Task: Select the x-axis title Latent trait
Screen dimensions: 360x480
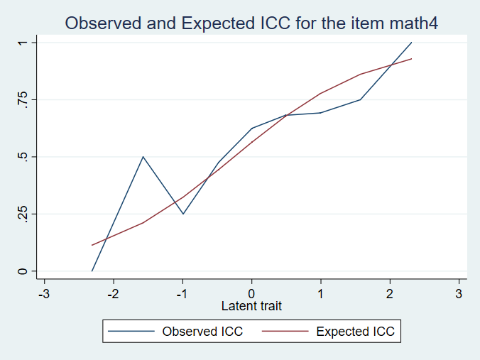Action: click(x=251, y=306)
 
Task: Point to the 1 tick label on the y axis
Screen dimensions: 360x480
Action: click(x=23, y=43)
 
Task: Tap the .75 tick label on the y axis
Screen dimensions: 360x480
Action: click(x=23, y=100)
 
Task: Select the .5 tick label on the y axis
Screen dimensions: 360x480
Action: click(x=23, y=157)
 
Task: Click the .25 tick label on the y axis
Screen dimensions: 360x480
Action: click(x=23, y=214)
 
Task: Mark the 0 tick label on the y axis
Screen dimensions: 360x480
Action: click(x=23, y=271)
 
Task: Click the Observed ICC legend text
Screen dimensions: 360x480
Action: click(x=202, y=332)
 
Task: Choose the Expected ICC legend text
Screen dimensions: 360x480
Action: click(x=354, y=332)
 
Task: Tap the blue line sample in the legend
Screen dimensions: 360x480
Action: click(x=132, y=332)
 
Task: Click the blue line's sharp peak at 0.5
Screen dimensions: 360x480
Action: click(x=143, y=156)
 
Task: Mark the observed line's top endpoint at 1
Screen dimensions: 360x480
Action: click(x=411, y=43)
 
